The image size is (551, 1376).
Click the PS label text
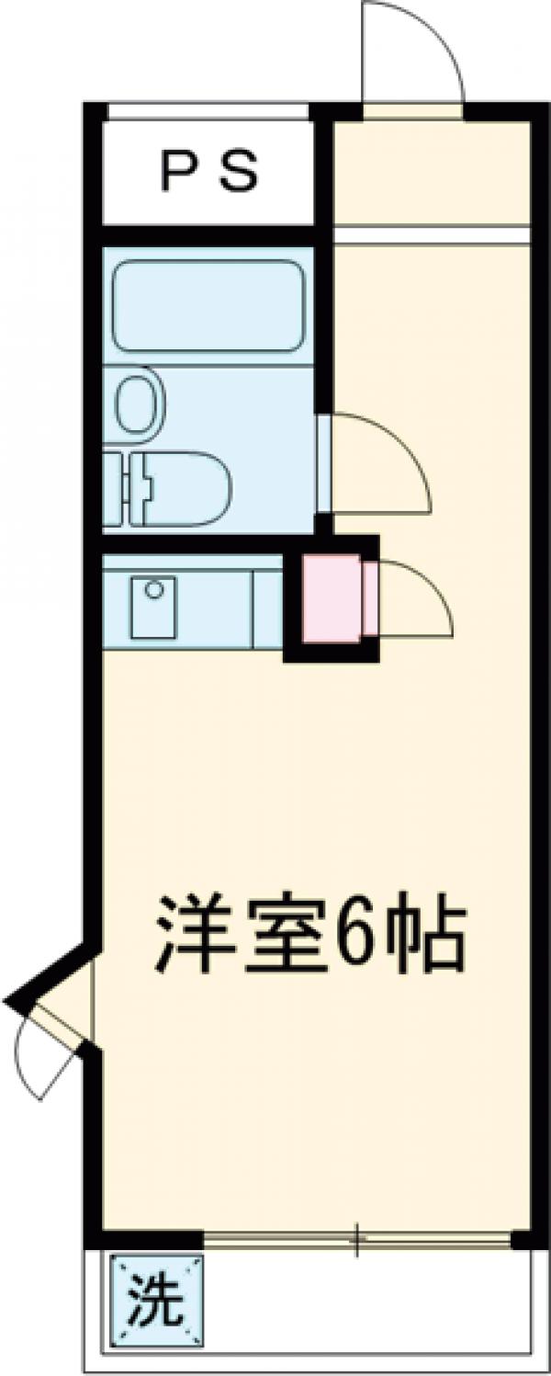point(208,173)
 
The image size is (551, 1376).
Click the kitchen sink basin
point(152,607)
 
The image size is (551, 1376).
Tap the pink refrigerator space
point(330,598)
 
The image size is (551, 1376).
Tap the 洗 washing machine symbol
point(154,1301)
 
